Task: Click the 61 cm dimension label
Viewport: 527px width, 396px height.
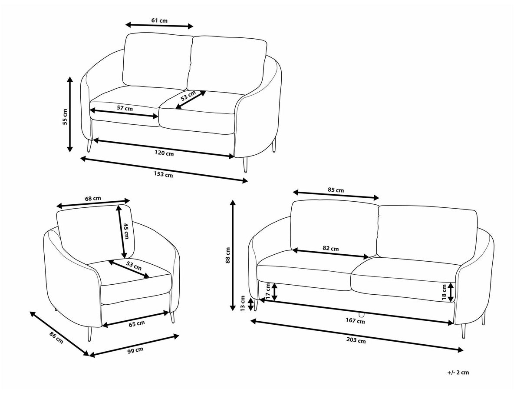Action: coord(159,21)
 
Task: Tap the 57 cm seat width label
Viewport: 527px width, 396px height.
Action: coord(125,108)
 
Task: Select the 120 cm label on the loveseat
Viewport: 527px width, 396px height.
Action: coord(164,153)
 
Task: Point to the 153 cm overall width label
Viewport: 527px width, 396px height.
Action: coord(163,175)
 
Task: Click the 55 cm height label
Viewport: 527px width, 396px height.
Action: coord(65,117)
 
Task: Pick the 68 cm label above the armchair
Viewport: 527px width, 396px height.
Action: coord(93,199)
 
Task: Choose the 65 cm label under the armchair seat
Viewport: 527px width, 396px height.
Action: coord(137,324)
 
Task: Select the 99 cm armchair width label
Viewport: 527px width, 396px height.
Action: coord(135,350)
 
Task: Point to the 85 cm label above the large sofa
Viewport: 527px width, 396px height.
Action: coord(336,190)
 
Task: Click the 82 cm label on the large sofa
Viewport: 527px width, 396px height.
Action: coord(331,248)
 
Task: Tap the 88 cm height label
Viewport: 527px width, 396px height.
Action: coord(228,255)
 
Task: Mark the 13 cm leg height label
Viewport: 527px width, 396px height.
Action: coord(243,303)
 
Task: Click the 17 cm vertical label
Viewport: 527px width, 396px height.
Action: coord(268,291)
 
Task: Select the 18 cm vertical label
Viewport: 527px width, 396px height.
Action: coord(444,293)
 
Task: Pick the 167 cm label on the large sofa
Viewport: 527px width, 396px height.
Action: coord(355,321)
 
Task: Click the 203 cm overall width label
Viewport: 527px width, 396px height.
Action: coord(356,340)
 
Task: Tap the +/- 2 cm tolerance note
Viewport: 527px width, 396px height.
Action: coord(458,373)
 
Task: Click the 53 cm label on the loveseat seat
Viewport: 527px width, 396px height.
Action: coord(188,96)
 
